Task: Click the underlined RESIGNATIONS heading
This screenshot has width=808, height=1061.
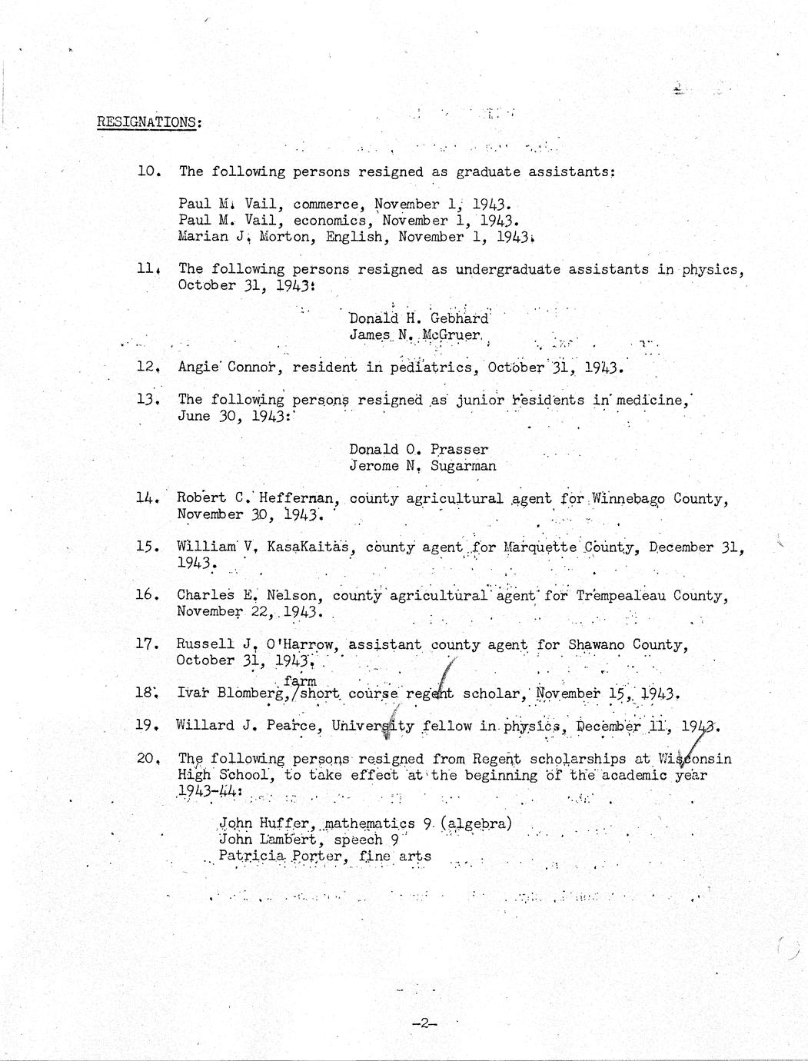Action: [x=149, y=122]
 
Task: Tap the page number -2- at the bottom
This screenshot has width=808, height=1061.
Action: [x=424, y=1023]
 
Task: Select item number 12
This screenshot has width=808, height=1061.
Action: [x=147, y=367]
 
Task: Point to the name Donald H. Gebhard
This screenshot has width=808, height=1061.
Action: [x=417, y=318]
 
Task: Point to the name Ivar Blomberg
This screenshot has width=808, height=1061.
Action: [x=231, y=693]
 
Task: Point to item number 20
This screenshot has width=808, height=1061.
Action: [x=147, y=758]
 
